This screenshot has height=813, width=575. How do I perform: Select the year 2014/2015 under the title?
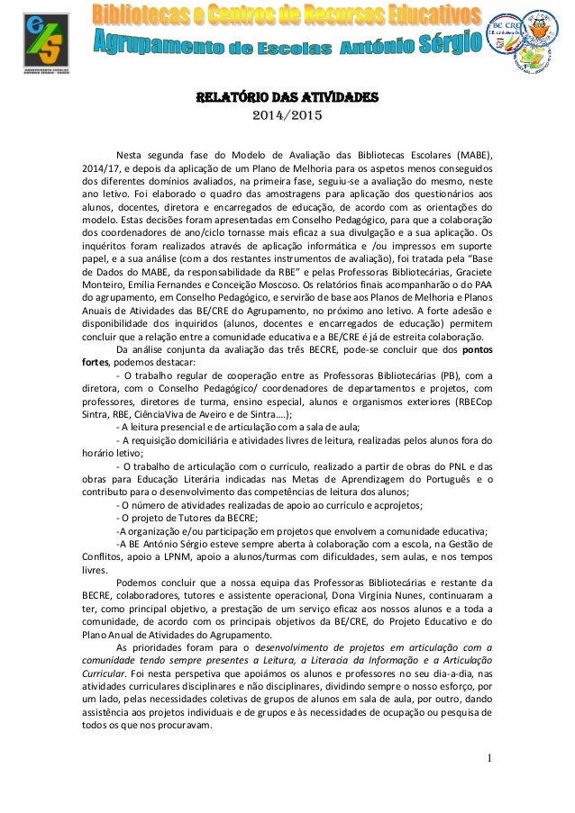287,116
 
